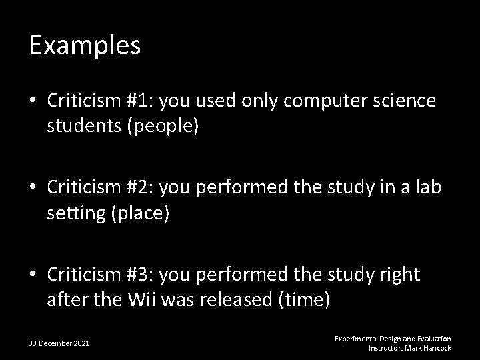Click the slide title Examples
[85, 46]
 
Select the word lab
[427, 187]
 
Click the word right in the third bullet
[398, 275]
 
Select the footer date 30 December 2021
[59, 343]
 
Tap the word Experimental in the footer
[355, 339]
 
